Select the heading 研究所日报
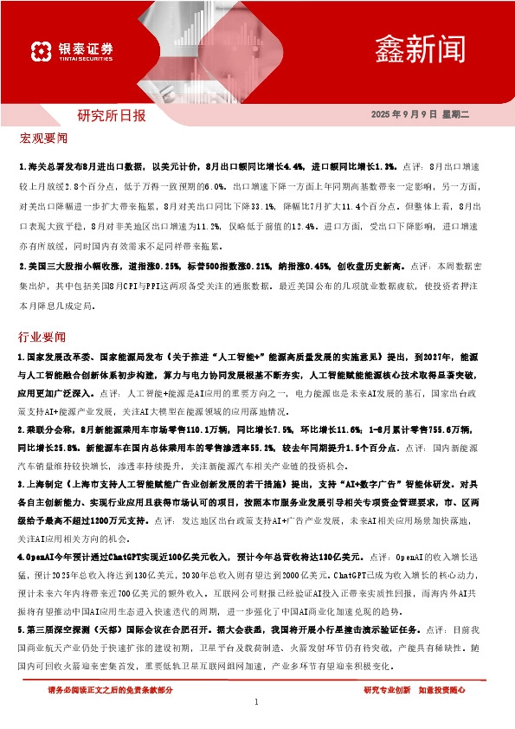pos(112,115)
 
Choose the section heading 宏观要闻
pos(42,138)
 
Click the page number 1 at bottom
pos(257,701)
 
